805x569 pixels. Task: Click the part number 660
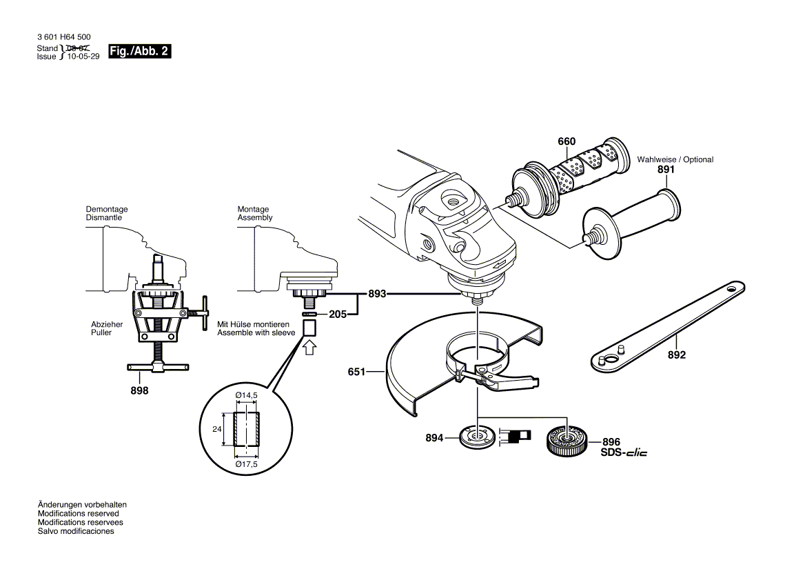[x=566, y=141]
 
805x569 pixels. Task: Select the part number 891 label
[x=666, y=169]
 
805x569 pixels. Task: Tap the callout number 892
[x=677, y=355]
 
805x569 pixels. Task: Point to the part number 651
[x=356, y=372]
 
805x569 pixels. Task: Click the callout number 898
[x=140, y=390]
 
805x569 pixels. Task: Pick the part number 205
[x=337, y=315]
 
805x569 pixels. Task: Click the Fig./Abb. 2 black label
[x=139, y=52]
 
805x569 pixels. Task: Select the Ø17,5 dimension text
[x=246, y=463]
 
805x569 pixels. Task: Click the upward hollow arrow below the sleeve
[x=309, y=346]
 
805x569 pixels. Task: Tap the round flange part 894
[x=476, y=437]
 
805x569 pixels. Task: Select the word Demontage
[x=106, y=209]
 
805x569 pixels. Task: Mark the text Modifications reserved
[x=78, y=514]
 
